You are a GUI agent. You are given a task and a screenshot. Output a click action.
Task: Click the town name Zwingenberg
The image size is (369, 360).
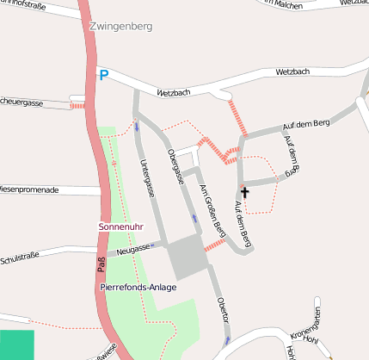click(x=120, y=27)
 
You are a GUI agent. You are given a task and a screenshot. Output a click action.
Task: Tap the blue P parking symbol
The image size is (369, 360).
click(x=103, y=76)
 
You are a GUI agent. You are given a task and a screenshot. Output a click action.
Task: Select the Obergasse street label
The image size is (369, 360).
click(x=176, y=165)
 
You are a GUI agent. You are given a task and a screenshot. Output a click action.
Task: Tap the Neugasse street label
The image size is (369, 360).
click(x=134, y=250)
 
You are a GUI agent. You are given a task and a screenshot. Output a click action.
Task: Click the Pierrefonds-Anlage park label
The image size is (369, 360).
click(x=138, y=286)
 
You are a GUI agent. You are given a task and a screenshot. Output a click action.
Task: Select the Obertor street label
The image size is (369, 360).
click(x=223, y=309)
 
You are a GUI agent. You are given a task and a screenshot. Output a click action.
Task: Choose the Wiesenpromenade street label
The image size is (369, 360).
click(x=29, y=189)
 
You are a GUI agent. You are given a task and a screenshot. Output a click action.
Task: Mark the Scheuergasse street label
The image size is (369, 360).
click(x=22, y=102)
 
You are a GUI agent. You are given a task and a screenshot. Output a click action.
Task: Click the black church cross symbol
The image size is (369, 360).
click(x=244, y=192)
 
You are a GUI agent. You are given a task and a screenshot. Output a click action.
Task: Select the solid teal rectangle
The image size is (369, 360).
click(x=17, y=344)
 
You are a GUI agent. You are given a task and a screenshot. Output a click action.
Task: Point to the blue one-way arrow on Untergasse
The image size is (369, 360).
click(x=138, y=128)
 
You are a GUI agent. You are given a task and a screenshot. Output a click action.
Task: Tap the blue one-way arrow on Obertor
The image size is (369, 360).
click(x=226, y=340)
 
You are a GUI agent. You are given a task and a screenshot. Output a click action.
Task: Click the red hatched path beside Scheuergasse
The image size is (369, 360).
click(x=77, y=105)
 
